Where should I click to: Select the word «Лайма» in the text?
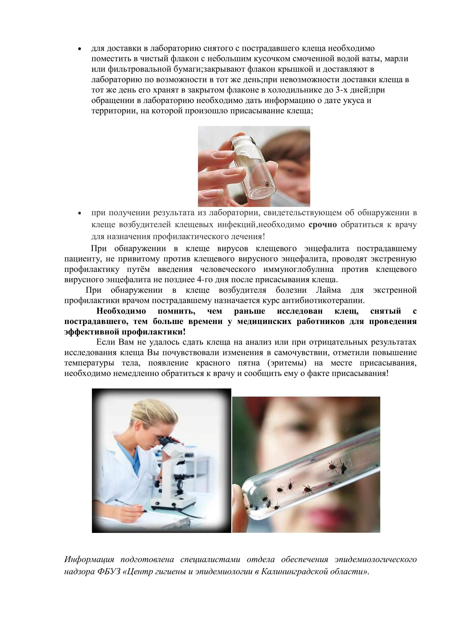point(328,290)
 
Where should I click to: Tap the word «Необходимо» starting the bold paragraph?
point(121,311)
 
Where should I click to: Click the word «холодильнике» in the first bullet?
point(282,90)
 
